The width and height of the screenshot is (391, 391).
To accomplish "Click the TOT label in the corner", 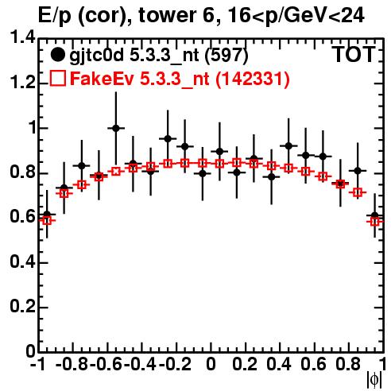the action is tap(354, 54).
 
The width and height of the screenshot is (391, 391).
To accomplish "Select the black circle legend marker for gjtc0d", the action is tap(57, 55).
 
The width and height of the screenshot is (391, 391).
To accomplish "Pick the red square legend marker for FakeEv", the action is tap(57, 79).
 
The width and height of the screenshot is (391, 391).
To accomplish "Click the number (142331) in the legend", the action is tap(253, 79).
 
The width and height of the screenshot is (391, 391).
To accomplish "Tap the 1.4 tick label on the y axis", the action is tap(22, 38).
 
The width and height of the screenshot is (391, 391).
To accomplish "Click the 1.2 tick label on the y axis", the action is tap(22, 83).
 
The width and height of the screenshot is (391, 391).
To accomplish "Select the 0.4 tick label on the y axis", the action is tap(22, 262).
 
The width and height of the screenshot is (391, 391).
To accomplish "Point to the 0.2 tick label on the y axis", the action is tap(22, 307).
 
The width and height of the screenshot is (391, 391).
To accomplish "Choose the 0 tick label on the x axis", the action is tap(211, 364).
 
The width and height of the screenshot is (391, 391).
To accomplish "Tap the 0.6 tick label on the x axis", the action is tap(313, 364).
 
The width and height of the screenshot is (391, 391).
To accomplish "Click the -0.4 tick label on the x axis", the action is tap(141, 364).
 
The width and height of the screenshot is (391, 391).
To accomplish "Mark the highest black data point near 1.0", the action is tap(116, 128).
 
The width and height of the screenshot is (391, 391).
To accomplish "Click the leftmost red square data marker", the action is tap(47, 220).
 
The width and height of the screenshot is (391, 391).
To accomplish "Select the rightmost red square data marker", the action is tap(375, 221).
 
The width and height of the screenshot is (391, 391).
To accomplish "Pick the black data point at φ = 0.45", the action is tap(288, 145).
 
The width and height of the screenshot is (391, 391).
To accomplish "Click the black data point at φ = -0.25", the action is tap(168, 138).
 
